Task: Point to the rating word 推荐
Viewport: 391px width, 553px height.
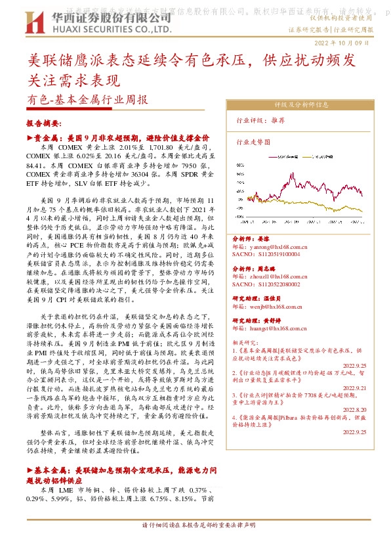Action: pos(278,121)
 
